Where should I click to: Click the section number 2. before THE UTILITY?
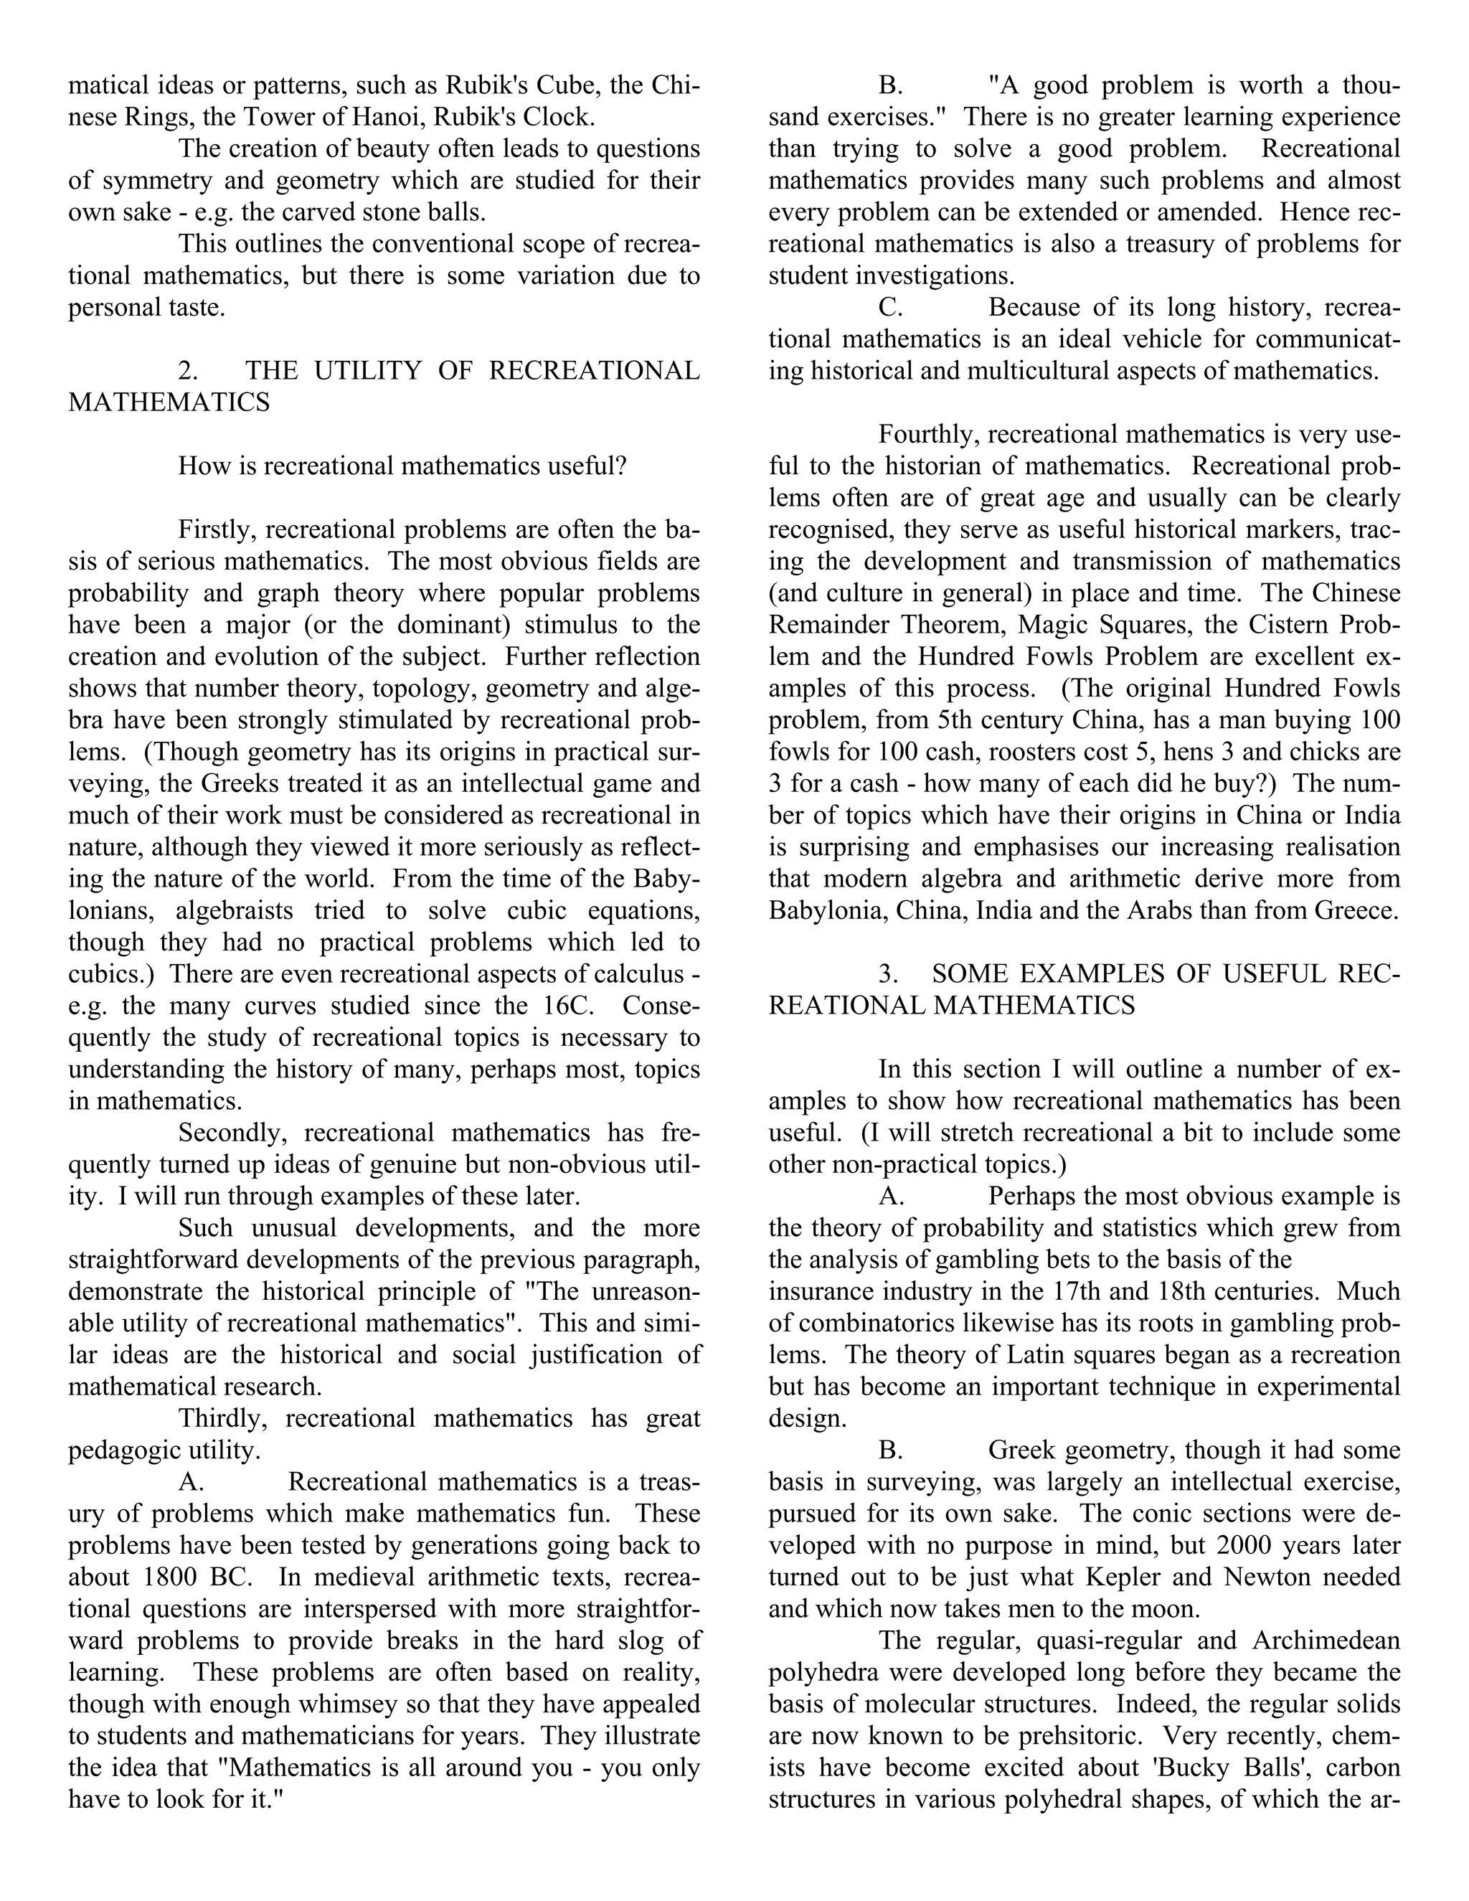pos(188,371)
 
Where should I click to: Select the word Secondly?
pos(227,1133)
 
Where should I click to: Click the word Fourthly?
pos(929,433)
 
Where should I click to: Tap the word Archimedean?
pos(1326,1640)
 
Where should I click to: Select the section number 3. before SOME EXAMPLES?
pos(888,974)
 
